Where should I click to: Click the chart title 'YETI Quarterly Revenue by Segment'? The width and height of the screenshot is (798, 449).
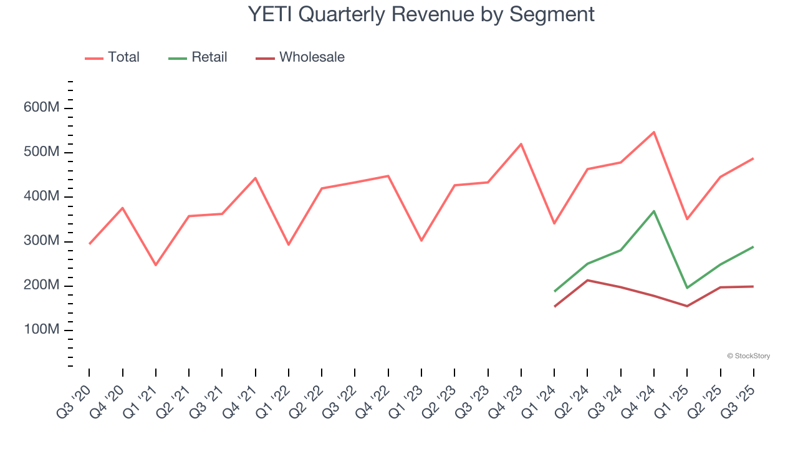pyautogui.click(x=421, y=14)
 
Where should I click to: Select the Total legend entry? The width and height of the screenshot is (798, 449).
pyautogui.click(x=112, y=57)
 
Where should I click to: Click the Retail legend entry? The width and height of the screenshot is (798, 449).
pyautogui.click(x=198, y=57)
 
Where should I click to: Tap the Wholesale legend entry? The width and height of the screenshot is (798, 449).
pyautogui.click(x=300, y=57)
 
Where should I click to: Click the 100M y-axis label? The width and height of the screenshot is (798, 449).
pyautogui.click(x=42, y=330)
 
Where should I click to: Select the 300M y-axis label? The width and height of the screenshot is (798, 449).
pyautogui.click(x=42, y=241)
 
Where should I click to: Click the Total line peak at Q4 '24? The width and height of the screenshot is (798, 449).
pyautogui.click(x=654, y=132)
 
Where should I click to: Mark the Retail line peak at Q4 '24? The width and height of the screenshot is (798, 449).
pyautogui.click(x=654, y=211)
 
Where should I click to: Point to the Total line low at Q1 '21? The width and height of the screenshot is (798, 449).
pyautogui.click(x=156, y=265)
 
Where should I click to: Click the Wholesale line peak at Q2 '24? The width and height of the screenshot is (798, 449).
pyautogui.click(x=587, y=280)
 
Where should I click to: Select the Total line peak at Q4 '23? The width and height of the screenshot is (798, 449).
pyautogui.click(x=521, y=144)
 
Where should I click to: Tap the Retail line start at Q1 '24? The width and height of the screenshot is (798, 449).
pyautogui.click(x=554, y=291)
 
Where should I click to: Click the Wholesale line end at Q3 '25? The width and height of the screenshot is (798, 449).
pyautogui.click(x=753, y=286)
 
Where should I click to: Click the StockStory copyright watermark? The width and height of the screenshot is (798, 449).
pyautogui.click(x=748, y=356)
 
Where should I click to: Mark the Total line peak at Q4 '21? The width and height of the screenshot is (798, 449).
pyautogui.click(x=255, y=178)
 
